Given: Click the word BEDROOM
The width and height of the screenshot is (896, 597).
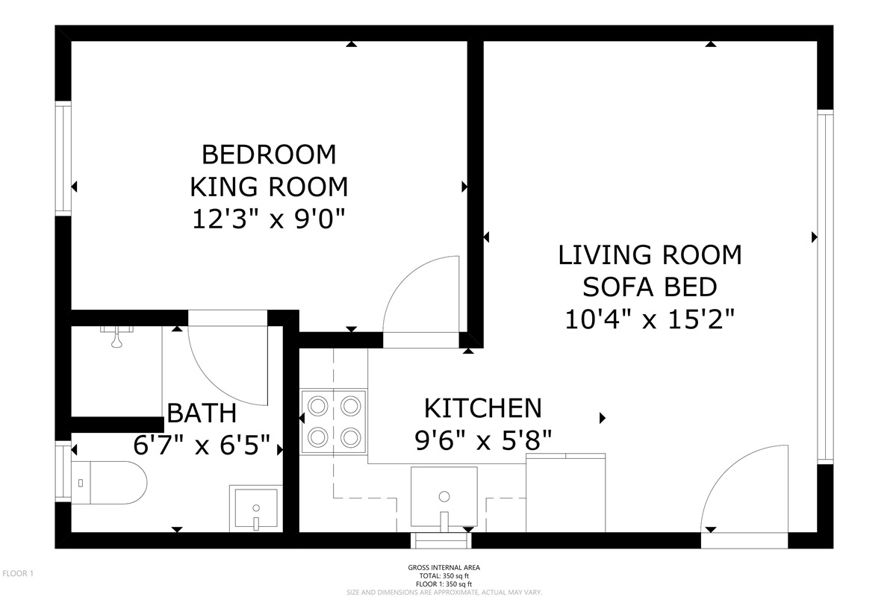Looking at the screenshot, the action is [269, 154].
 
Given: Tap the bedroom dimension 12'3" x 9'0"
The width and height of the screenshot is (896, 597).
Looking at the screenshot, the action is [269, 219].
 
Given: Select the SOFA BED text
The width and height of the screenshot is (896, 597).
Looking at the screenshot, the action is [650, 287].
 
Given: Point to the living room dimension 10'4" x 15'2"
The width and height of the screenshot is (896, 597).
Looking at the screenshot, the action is [650, 319].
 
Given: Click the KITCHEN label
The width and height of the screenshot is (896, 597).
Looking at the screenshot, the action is [483, 408].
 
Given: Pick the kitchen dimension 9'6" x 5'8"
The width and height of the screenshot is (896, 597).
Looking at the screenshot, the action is [483, 440].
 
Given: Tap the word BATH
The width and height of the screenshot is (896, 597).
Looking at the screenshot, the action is [202, 413].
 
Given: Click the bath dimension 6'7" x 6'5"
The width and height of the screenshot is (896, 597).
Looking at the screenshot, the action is [202, 445].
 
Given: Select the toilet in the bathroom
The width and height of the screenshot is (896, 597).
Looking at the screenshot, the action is [109, 483].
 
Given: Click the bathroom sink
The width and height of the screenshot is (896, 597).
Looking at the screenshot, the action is [256, 509].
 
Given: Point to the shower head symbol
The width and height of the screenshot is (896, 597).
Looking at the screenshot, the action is [116, 337].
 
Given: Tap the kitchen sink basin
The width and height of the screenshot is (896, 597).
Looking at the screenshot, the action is [444, 497].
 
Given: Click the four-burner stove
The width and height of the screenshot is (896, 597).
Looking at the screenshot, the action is [334, 422].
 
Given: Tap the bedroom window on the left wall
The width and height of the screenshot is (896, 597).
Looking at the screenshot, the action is [63, 158].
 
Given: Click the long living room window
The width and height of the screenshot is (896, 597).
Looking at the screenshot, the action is [825, 287].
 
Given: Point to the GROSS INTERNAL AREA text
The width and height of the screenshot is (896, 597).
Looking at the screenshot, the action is [444, 567].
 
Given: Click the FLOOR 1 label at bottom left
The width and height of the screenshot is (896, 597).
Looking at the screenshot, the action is [18, 573].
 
